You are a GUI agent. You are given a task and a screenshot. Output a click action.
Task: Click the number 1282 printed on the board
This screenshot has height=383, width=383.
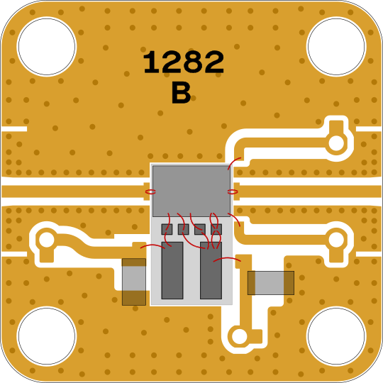(184, 62)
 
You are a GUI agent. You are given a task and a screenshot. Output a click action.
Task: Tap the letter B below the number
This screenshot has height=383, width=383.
(181, 93)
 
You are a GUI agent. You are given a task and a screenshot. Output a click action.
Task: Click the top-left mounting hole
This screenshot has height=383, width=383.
(47, 46)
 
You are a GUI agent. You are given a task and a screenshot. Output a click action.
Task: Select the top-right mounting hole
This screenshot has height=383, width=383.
(336, 46)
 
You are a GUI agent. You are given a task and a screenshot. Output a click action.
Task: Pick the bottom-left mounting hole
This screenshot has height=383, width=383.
(47, 336)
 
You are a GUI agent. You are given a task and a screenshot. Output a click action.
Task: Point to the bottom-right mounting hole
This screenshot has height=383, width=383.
(336, 336)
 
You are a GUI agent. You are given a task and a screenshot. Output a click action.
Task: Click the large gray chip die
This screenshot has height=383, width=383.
(191, 191)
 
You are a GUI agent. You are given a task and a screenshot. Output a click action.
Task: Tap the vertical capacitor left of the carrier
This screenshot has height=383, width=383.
(134, 282)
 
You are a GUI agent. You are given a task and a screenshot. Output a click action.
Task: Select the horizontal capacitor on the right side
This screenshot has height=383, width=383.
(271, 283)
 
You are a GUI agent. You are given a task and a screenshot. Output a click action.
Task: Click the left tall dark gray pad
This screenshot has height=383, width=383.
(172, 270)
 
